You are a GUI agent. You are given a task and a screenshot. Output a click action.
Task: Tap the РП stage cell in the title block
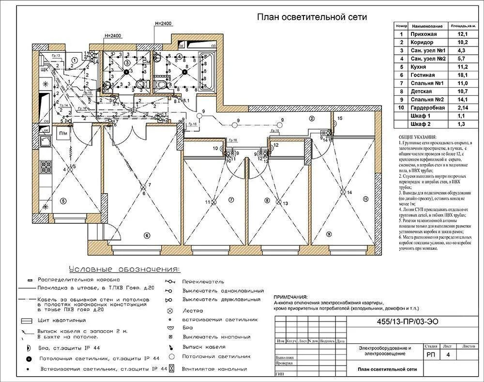[431, 355]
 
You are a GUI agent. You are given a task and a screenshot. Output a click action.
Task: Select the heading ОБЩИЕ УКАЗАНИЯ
[418, 137]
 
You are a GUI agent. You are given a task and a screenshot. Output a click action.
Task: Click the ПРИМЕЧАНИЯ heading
[290, 297]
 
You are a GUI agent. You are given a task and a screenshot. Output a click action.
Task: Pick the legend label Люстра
[193, 311]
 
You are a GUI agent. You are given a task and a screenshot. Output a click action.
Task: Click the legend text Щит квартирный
[61, 321]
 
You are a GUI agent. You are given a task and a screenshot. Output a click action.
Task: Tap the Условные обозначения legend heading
[124, 269]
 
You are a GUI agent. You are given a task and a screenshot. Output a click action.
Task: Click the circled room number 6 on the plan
[147, 235]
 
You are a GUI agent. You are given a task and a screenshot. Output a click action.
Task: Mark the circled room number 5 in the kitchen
[62, 200]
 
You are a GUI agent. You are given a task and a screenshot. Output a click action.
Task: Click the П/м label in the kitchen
[63, 133]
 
